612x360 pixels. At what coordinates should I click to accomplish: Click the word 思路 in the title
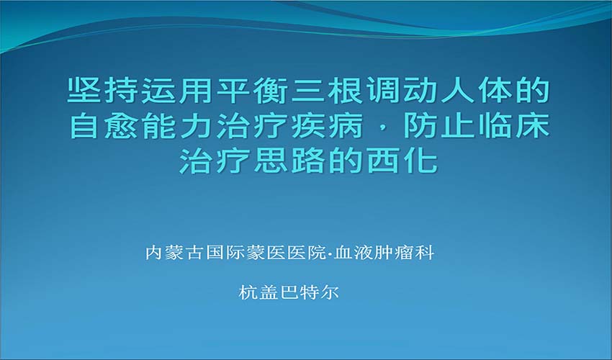point(290,161)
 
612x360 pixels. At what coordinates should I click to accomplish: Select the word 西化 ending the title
point(402,161)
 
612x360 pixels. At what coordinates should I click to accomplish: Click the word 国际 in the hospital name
point(225,253)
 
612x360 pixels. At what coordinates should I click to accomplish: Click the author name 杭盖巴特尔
point(289,292)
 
